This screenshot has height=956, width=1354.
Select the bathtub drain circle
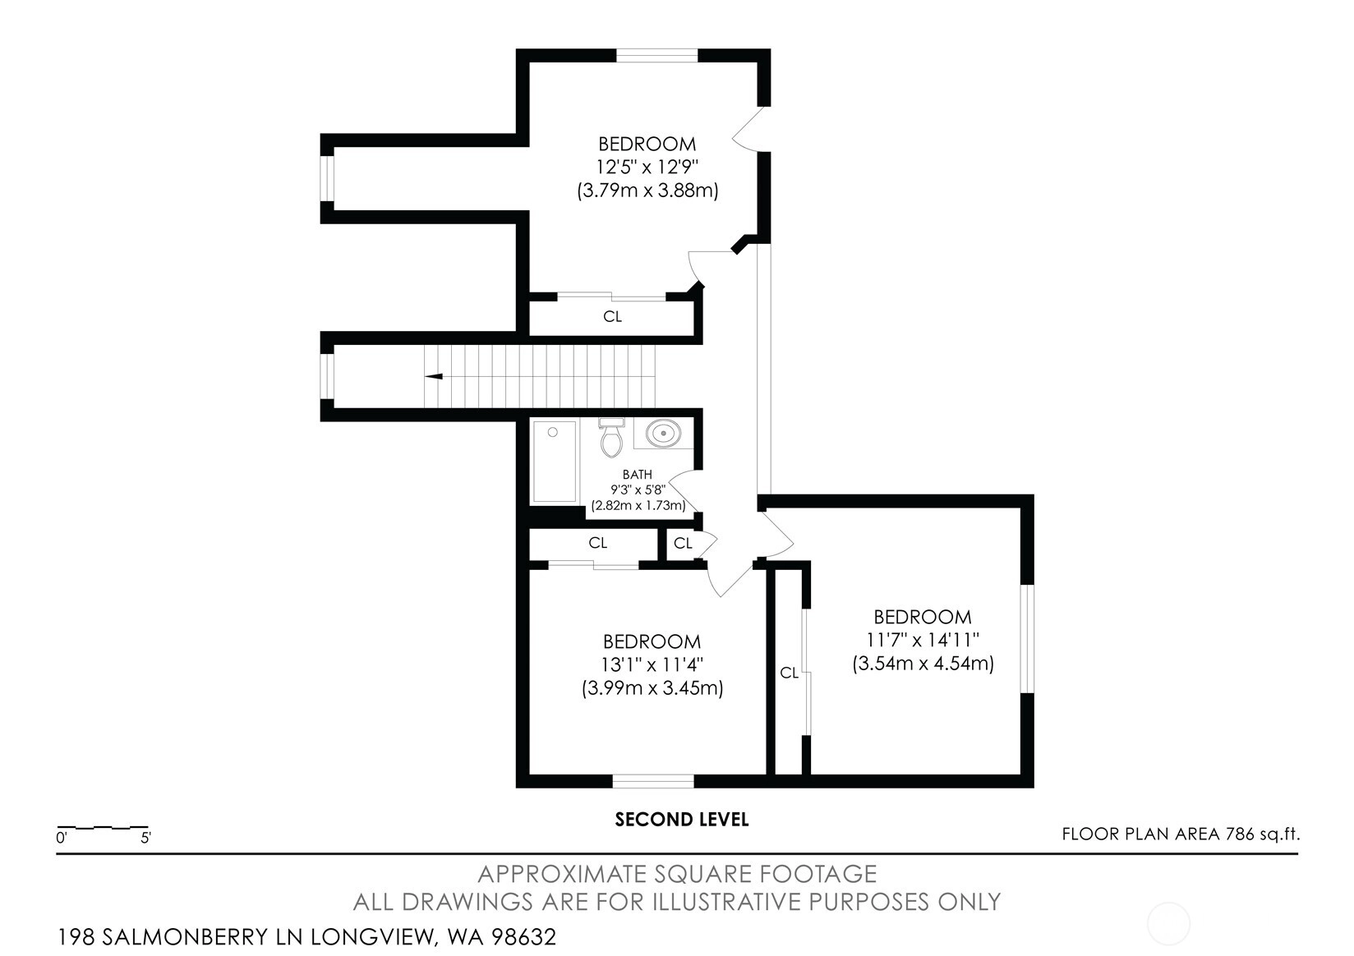pyautogui.click(x=552, y=432)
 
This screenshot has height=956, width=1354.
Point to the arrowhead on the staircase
pyautogui.click(x=434, y=376)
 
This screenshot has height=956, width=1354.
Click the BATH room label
pyautogui.click(x=637, y=475)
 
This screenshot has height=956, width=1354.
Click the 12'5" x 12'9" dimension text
pyautogui.click(x=647, y=167)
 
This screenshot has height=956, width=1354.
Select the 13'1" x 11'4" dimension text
pyautogui.click(x=652, y=664)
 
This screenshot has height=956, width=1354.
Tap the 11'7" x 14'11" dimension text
pyautogui.click(x=923, y=639)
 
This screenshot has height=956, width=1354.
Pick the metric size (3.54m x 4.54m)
pyautogui.click(x=923, y=664)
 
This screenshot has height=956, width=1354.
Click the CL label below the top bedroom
pyautogui.click(x=612, y=317)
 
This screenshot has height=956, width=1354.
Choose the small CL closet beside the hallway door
pyautogui.click(x=683, y=543)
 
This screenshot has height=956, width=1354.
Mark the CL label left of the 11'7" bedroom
pyautogui.click(x=789, y=673)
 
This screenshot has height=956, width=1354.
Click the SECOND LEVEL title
pyautogui.click(x=682, y=820)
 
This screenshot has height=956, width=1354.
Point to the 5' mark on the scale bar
pyautogui.click(x=145, y=839)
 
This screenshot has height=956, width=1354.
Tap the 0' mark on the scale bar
pyautogui.click(x=61, y=839)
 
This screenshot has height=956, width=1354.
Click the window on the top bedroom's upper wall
pyautogui.click(x=657, y=56)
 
